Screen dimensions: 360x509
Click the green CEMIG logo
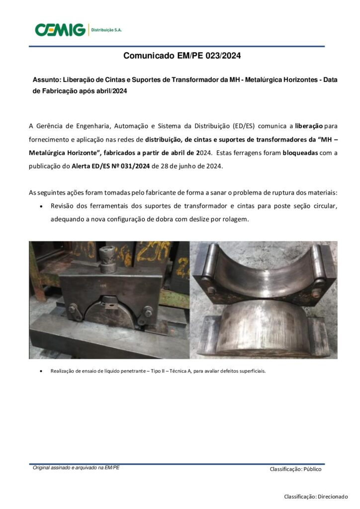tap(60, 30)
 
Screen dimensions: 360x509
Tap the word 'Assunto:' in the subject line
tap(47, 80)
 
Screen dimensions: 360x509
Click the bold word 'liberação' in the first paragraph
tap(309, 126)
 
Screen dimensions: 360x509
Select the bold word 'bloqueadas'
tap(300, 153)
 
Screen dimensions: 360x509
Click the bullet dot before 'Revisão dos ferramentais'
tap(41, 206)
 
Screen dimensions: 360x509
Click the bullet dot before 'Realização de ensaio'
tap(41, 371)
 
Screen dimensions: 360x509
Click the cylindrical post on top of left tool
tap(108, 259)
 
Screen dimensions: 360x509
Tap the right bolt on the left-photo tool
tap(148, 312)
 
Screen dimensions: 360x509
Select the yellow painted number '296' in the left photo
tap(153, 251)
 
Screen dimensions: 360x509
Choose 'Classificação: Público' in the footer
tap(295, 469)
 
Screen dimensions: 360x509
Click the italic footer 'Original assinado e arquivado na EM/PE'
tap(76, 468)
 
